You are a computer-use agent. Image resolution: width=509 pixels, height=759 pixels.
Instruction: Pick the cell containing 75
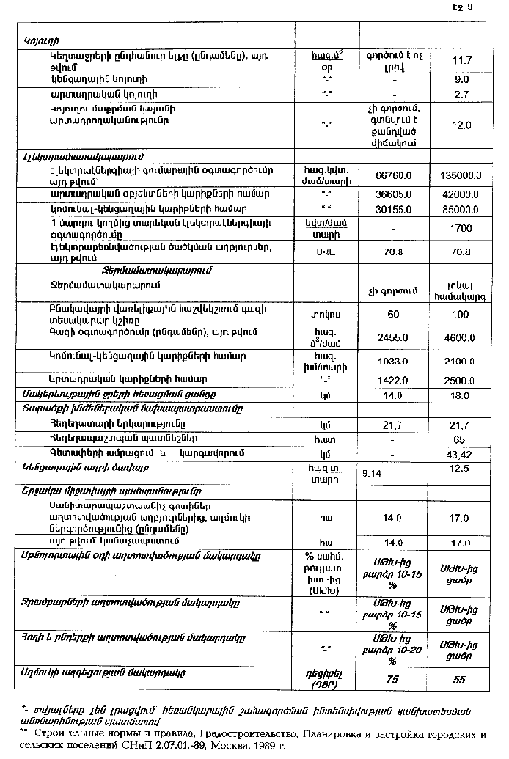click(x=392, y=680)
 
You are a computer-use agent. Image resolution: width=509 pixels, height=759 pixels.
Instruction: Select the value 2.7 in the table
click(x=461, y=95)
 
